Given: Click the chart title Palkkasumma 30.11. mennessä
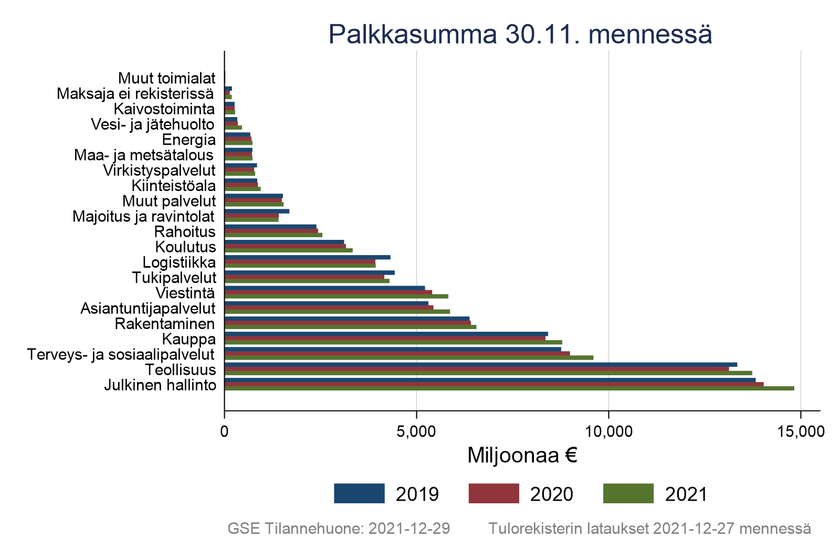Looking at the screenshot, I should tap(520, 35).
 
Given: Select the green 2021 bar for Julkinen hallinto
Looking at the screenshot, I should tap(509, 389).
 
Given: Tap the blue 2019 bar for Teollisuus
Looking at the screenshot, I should tap(480, 365).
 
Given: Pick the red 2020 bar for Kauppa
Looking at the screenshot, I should tap(385, 338).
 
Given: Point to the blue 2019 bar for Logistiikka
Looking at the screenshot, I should tap(307, 257).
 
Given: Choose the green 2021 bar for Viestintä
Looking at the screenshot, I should tap(336, 296).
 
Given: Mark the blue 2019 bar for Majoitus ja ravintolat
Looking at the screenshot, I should tap(257, 211).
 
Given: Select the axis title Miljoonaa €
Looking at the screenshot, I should tap(522, 456).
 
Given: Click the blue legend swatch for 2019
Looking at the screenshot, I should tap(359, 493).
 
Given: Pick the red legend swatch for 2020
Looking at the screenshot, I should tap(493, 493).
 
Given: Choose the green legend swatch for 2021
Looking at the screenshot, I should tap(628, 493).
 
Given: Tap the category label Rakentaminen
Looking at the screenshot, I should tap(165, 324).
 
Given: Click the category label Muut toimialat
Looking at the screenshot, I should tap(166, 78).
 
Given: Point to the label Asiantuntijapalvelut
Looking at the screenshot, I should tap(148, 309).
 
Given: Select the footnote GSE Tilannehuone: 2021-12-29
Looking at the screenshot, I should tap(339, 529).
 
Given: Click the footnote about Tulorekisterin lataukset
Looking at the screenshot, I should tap(649, 529).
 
